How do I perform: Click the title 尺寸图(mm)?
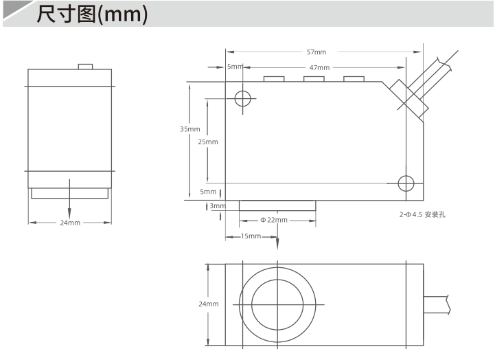(92, 14)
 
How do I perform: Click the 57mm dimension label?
(316, 52)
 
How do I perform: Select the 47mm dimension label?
(319, 67)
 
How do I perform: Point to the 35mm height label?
(190, 129)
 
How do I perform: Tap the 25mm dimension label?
(208, 142)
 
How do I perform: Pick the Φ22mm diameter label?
(274, 220)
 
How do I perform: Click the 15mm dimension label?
(251, 236)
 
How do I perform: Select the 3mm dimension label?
(218, 206)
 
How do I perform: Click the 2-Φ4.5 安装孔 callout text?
(422, 215)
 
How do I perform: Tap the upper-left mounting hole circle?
(243, 91)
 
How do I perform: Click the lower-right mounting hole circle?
(406, 176)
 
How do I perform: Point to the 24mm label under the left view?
(70, 223)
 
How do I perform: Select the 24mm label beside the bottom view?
(209, 304)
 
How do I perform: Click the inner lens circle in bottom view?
(277, 280)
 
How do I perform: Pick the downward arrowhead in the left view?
(69, 214)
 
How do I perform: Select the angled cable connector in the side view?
(408, 99)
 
